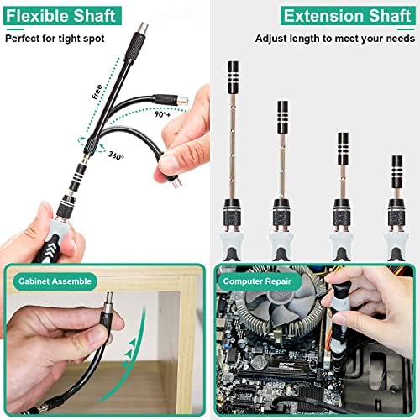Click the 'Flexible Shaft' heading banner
[x=63, y=16]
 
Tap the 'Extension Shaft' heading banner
[x=348, y=16]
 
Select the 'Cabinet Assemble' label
[x=55, y=281]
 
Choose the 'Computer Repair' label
[x=257, y=281]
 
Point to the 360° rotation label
[x=116, y=155]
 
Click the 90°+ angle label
[x=162, y=114]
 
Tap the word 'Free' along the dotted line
[x=97, y=92]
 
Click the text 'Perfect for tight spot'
[x=55, y=39]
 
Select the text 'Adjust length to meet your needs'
[x=335, y=39]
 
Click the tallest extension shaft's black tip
[x=234, y=77]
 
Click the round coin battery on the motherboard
[x=258, y=363]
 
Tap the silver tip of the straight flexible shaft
[x=143, y=28]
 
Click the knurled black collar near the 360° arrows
[x=91, y=144]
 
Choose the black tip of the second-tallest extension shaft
[x=283, y=117]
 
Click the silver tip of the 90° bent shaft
[x=183, y=101]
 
